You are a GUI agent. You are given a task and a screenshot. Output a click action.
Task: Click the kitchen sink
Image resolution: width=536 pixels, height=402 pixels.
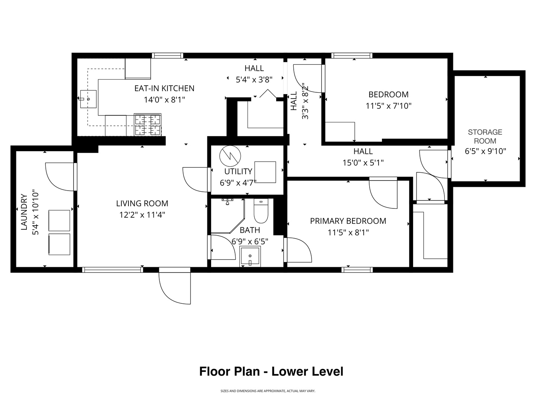88,99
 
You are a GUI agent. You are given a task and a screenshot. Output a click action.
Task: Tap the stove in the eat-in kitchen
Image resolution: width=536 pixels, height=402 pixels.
147,124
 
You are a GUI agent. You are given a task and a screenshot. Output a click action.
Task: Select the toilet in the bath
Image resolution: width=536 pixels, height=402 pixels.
261,211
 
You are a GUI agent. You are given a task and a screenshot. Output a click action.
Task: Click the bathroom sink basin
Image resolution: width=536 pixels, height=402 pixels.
250,256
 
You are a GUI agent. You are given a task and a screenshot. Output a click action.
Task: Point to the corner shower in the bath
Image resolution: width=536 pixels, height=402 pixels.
227,215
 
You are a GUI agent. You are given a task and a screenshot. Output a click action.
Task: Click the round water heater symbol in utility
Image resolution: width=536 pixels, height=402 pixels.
230,156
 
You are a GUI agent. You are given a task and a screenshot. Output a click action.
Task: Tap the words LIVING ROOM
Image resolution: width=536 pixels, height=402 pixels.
142,203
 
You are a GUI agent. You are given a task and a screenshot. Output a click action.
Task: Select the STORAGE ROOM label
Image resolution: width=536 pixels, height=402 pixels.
485,137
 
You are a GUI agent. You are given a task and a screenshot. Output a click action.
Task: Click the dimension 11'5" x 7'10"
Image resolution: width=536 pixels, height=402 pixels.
388,106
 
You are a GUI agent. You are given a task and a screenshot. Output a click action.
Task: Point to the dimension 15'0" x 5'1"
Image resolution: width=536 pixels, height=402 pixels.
363,163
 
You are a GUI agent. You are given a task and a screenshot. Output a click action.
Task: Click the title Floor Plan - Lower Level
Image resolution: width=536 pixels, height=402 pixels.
271,371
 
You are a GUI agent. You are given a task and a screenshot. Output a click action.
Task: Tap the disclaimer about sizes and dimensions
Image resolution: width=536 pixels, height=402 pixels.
268,391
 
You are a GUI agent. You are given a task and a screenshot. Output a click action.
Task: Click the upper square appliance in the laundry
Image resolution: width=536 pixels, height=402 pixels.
59,220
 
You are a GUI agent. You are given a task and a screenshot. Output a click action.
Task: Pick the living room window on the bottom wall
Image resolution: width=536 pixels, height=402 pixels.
112,270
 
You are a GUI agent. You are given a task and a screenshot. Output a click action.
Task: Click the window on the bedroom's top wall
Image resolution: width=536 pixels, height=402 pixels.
352,55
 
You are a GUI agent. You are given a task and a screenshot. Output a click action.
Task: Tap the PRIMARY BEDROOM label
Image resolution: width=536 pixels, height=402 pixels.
348,221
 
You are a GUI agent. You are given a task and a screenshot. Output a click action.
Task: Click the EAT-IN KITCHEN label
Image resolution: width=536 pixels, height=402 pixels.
165,88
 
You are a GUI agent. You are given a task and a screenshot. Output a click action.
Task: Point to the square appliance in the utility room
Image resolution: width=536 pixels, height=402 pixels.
265,172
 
